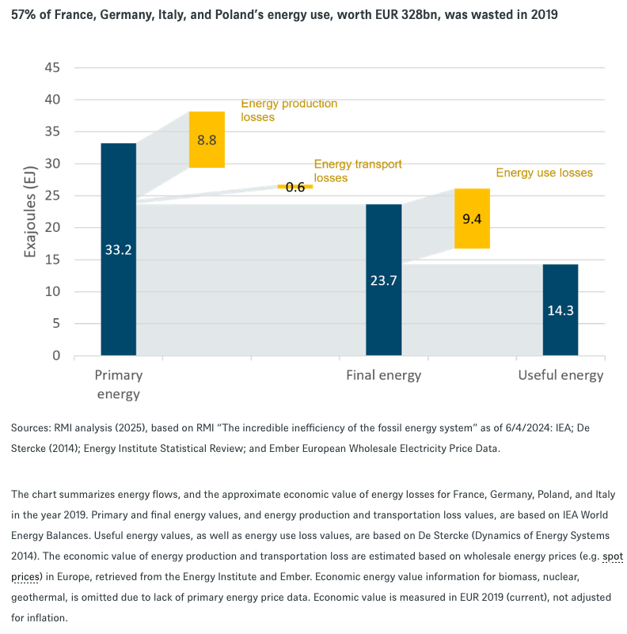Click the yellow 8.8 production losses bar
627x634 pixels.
(207, 139)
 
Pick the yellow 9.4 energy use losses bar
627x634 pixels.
(472, 218)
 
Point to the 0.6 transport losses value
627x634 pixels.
(295, 187)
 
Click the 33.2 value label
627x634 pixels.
(118, 249)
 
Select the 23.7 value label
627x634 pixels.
(383, 279)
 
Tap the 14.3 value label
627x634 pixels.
(560, 309)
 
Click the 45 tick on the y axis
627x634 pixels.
(52, 67)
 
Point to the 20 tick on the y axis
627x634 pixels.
(52, 228)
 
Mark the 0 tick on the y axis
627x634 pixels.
(56, 356)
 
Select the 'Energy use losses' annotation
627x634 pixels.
(544, 173)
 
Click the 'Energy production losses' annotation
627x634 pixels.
(288, 110)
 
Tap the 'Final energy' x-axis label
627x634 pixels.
(383, 375)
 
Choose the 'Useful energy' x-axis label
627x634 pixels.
(560, 375)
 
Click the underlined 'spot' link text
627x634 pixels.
(613, 556)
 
